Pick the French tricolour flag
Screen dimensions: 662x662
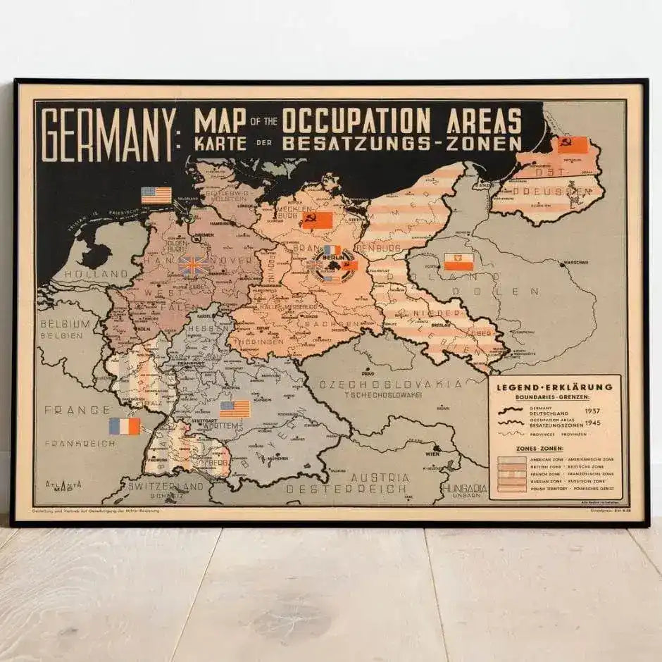click(x=124, y=425)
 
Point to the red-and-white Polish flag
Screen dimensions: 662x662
click(x=458, y=262)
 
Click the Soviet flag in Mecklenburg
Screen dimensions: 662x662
click(x=316, y=220)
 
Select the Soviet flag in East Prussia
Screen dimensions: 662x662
click(x=572, y=145)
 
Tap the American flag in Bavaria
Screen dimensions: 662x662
click(x=235, y=408)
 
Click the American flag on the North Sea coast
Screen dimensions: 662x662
click(x=156, y=195)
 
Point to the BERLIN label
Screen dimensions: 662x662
click(x=331, y=258)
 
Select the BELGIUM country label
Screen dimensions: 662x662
click(x=65, y=324)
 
